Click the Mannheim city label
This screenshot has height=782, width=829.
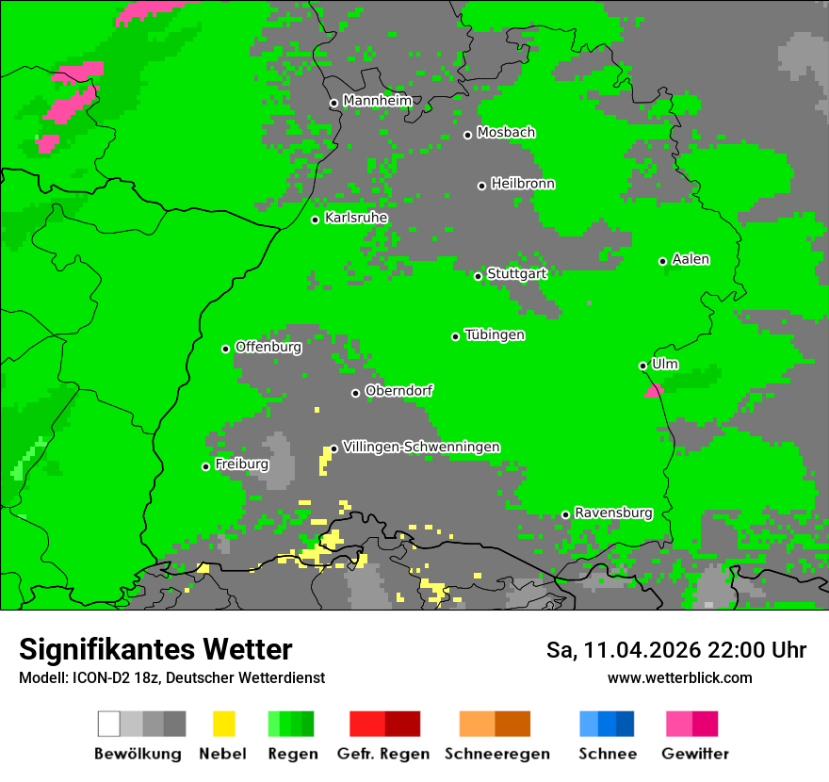(377, 101)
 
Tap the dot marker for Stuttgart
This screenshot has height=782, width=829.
(478, 276)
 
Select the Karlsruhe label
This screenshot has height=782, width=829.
(355, 218)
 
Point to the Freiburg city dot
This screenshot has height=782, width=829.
(205, 466)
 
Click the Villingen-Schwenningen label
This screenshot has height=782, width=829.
(421, 447)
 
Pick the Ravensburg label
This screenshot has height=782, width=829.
(613, 513)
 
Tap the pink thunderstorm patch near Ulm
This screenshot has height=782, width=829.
(654, 389)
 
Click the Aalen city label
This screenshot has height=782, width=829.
(691, 259)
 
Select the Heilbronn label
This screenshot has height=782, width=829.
(523, 184)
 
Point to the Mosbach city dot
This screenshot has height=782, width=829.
(467, 135)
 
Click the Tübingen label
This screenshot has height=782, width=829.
(495, 334)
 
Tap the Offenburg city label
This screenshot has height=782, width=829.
(268, 347)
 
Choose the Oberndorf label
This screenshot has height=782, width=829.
(398, 390)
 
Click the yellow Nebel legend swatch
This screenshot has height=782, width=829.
(223, 724)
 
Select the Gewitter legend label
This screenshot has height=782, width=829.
(694, 754)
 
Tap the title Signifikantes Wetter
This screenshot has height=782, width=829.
(155, 649)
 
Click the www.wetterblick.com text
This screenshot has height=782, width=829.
(679, 677)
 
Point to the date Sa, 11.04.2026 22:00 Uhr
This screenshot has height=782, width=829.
(675, 650)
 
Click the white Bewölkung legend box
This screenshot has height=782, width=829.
(109, 724)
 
